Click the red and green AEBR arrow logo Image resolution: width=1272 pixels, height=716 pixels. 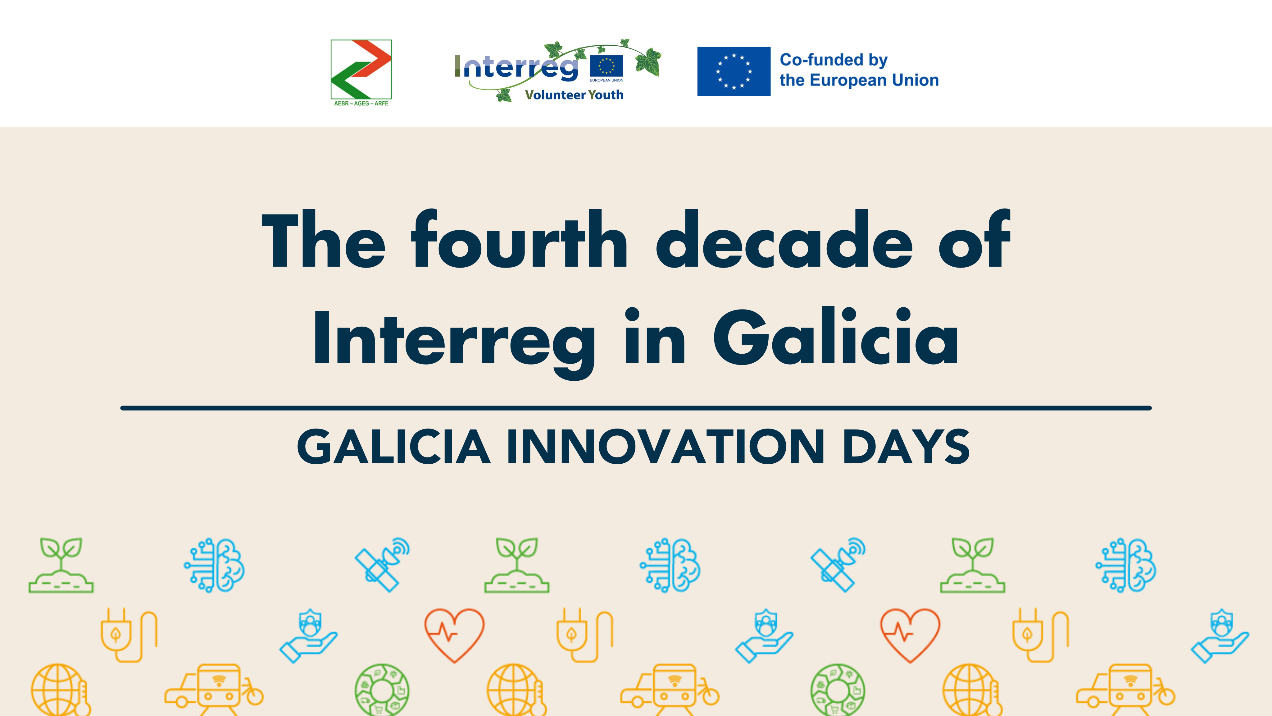tap(361, 69)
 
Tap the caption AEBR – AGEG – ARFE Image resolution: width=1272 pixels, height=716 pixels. tap(361, 103)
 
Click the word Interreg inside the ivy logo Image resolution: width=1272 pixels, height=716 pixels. tap(516, 68)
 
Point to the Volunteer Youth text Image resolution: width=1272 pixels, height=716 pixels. tap(574, 95)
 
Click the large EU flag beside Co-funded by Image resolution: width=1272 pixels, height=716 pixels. tap(734, 71)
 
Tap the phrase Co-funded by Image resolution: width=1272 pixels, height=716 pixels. tap(834, 60)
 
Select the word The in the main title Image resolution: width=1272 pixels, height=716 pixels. tap(323, 239)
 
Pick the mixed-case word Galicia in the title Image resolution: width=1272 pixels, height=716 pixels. tap(835, 336)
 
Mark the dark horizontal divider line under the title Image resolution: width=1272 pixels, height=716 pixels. tap(636, 408)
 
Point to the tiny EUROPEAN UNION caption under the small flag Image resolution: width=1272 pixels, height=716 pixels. tap(606, 80)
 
